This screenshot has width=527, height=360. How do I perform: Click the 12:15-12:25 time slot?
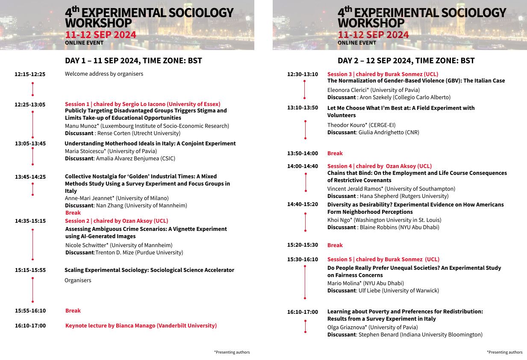click(x=30, y=74)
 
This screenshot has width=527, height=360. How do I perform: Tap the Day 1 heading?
click(x=133, y=61)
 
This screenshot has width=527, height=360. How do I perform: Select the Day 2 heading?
click(x=406, y=61)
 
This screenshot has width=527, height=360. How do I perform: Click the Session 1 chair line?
click(x=142, y=104)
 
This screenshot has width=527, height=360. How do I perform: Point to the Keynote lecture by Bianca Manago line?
click(x=141, y=326)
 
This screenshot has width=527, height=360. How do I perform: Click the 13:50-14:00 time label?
click(x=303, y=153)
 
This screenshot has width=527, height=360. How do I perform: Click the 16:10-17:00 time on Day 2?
click(x=303, y=312)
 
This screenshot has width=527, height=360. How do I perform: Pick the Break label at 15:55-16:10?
click(x=73, y=311)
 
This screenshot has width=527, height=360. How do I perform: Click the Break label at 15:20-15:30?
click(x=335, y=245)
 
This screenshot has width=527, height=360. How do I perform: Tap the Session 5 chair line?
click(x=383, y=260)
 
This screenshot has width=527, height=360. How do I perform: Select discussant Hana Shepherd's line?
click(x=388, y=196)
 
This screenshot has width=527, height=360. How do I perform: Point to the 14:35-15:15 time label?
click(x=30, y=221)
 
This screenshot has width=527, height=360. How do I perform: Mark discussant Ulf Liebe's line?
click(x=383, y=291)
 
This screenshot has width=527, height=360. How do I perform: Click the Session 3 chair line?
click(x=383, y=74)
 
